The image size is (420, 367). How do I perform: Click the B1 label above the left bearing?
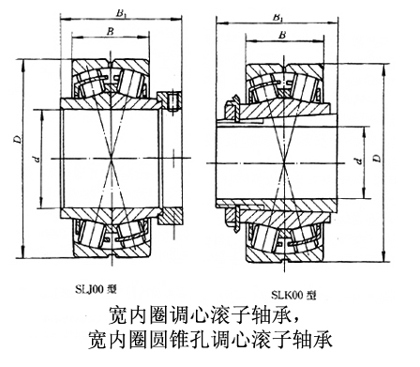tap(121, 13)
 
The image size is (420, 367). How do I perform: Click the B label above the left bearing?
tap(110, 31)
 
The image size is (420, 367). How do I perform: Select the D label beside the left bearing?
tap(18, 139)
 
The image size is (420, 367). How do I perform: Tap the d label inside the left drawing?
tap(37, 160)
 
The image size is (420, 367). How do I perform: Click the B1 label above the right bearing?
tap(277, 17)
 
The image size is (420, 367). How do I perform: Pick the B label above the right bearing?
tap(282, 35)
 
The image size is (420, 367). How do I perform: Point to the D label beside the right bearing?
tap(378, 159)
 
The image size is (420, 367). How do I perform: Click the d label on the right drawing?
tap(359, 161)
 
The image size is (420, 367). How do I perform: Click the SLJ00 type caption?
tap(96, 289)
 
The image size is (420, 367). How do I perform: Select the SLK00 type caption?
tap(293, 295)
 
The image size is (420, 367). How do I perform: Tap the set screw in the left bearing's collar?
tap(172, 101)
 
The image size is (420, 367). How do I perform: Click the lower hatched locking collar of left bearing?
tap(171, 216)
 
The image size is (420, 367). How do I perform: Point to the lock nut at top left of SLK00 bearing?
tap(232, 110)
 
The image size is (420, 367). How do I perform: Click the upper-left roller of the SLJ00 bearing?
tap(91, 82)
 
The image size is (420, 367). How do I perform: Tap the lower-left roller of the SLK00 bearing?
tap(265, 238)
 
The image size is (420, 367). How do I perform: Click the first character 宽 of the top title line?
tap(117, 314)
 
